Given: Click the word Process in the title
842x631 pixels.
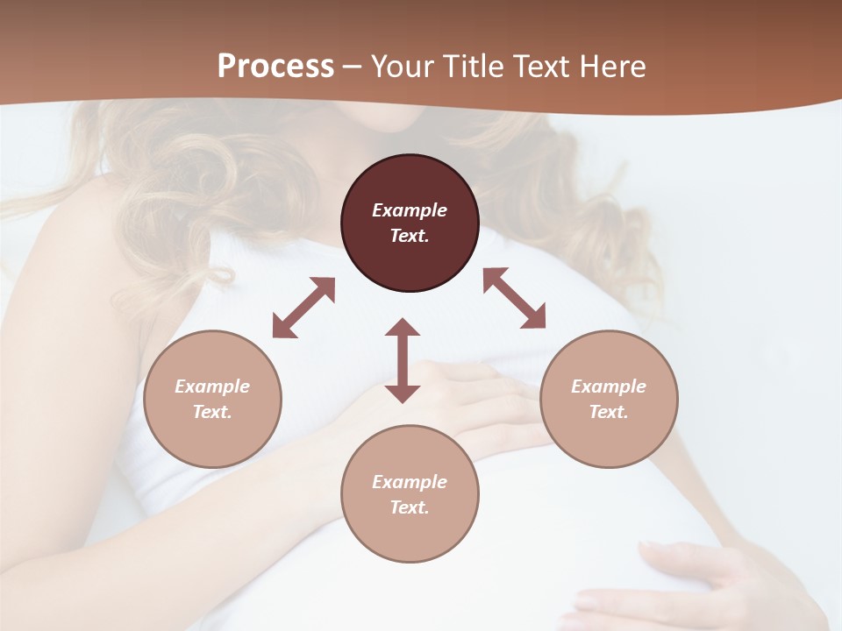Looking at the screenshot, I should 275,67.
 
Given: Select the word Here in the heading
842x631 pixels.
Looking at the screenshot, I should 613,67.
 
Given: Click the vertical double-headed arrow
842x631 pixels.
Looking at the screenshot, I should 403,360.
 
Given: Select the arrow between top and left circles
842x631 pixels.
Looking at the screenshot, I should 303,308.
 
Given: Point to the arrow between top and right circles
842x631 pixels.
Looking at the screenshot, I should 515,298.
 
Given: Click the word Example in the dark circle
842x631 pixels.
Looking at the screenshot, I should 410,210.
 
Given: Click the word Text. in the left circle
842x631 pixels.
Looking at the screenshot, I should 212,412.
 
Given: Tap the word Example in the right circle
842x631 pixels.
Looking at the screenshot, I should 609,386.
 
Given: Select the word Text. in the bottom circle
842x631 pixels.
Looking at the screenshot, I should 410,507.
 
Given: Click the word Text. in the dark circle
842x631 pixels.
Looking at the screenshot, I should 410,236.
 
